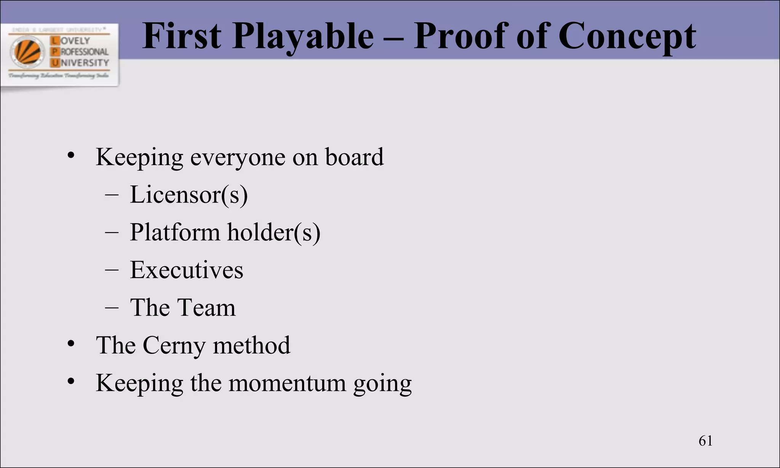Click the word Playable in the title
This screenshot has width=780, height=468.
(x=303, y=37)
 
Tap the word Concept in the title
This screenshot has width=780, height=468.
(x=627, y=37)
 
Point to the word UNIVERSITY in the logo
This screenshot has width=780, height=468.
(x=84, y=63)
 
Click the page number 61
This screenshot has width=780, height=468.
(x=705, y=441)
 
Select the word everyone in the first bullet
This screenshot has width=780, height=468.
(x=238, y=157)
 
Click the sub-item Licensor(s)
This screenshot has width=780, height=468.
(x=189, y=195)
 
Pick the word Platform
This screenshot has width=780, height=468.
(x=175, y=232)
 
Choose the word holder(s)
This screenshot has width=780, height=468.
(x=273, y=232)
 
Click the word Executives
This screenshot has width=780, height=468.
(x=186, y=270)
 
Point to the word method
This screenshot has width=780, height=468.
(x=251, y=345)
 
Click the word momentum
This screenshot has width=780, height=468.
(x=287, y=383)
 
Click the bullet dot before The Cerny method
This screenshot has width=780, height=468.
(x=71, y=344)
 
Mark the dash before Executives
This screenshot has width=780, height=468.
(x=112, y=270)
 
